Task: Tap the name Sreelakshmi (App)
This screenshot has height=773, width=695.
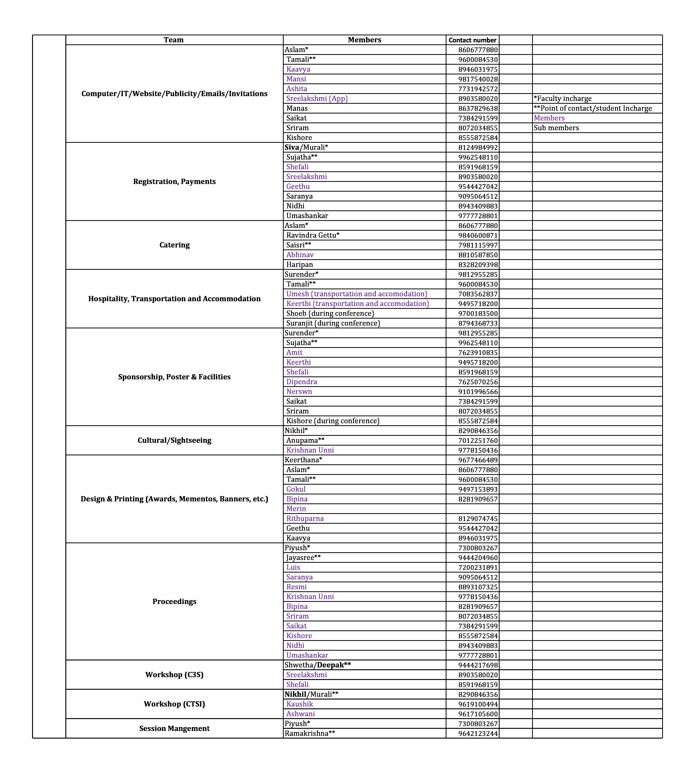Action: tap(317, 99)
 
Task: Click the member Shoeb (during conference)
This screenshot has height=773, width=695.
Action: tap(330, 313)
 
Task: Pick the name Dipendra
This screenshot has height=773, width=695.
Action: tap(302, 382)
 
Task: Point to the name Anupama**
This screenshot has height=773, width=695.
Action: tap(305, 440)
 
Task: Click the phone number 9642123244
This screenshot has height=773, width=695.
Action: tap(478, 734)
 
